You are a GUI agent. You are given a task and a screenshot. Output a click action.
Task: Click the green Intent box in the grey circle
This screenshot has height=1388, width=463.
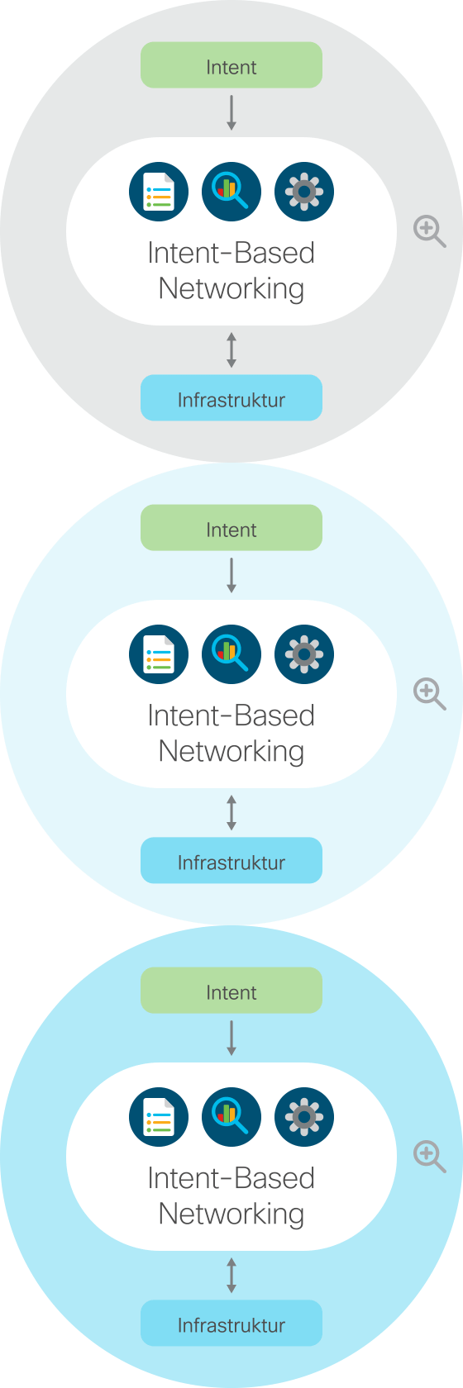click(231, 65)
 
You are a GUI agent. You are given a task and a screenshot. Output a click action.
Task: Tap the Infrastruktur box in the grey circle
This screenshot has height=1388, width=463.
click(231, 398)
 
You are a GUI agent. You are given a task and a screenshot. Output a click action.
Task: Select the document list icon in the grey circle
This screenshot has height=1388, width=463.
click(159, 192)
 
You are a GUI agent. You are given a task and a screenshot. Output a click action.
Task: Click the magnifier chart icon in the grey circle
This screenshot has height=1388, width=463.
click(231, 192)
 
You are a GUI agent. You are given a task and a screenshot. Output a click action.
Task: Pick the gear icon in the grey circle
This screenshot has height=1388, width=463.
click(303, 192)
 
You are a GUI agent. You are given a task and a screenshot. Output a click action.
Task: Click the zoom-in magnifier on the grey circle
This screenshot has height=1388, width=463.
click(429, 231)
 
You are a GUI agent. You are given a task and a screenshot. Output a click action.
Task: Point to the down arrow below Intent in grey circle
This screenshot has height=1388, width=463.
click(231, 112)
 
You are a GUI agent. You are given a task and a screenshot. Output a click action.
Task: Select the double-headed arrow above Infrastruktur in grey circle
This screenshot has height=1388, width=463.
click(231, 350)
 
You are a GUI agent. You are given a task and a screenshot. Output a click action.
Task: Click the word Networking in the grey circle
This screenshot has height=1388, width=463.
click(231, 289)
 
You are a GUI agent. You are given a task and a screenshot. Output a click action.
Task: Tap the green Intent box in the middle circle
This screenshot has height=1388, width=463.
click(231, 527)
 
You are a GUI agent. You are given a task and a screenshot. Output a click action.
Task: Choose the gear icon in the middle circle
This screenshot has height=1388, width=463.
click(303, 654)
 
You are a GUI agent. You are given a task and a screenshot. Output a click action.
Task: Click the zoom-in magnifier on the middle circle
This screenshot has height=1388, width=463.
click(429, 694)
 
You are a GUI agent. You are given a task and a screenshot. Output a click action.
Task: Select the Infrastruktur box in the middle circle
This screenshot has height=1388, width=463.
click(231, 860)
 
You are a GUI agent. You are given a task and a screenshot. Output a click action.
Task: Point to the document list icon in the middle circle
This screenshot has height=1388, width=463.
click(159, 654)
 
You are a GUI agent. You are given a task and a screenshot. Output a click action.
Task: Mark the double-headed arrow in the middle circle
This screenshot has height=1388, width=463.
click(231, 812)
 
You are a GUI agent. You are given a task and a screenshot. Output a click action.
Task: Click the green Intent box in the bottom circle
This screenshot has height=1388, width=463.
click(231, 990)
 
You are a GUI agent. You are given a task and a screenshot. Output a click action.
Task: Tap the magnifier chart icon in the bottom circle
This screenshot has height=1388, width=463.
click(231, 1117)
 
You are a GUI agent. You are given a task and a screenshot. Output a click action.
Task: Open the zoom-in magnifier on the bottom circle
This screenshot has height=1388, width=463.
click(429, 1157)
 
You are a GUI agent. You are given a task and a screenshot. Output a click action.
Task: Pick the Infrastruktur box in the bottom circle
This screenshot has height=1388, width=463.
click(231, 1323)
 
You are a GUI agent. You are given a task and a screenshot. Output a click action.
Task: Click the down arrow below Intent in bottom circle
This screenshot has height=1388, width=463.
click(231, 1038)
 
